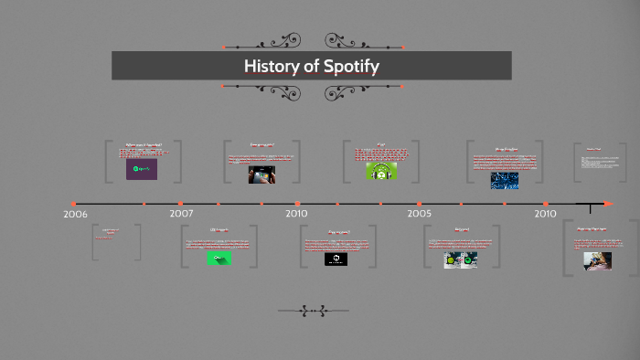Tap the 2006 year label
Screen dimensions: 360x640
(75, 214)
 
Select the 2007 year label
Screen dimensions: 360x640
(181, 214)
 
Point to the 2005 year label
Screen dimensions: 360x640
(420, 214)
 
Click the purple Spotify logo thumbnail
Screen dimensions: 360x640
(142, 169)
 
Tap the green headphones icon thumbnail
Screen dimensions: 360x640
(381, 171)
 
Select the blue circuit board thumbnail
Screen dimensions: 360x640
(504, 180)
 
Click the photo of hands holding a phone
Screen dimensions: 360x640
(262, 175)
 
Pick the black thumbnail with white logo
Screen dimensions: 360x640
(336, 259)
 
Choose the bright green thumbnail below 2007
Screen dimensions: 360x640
(219, 259)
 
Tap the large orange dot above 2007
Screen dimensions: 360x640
(181, 204)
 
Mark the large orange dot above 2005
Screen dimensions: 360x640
(420, 204)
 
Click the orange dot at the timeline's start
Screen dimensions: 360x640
(74, 204)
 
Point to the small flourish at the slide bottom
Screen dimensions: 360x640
(313, 312)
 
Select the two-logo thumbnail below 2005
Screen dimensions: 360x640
(461, 259)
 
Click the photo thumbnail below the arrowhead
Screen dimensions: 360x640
(598, 260)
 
